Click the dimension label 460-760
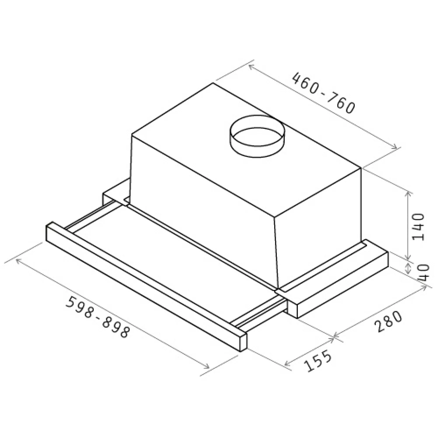coord(324,93)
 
